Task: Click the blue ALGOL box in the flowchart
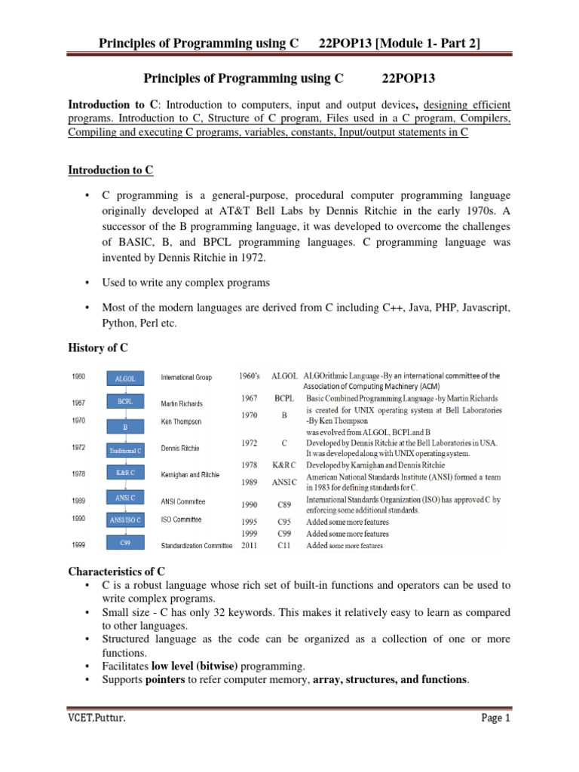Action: pos(126,378)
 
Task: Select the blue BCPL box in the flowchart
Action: pos(126,402)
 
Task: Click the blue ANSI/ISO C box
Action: pos(126,519)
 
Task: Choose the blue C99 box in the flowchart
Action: pos(126,543)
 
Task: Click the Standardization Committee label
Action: pos(196,545)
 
